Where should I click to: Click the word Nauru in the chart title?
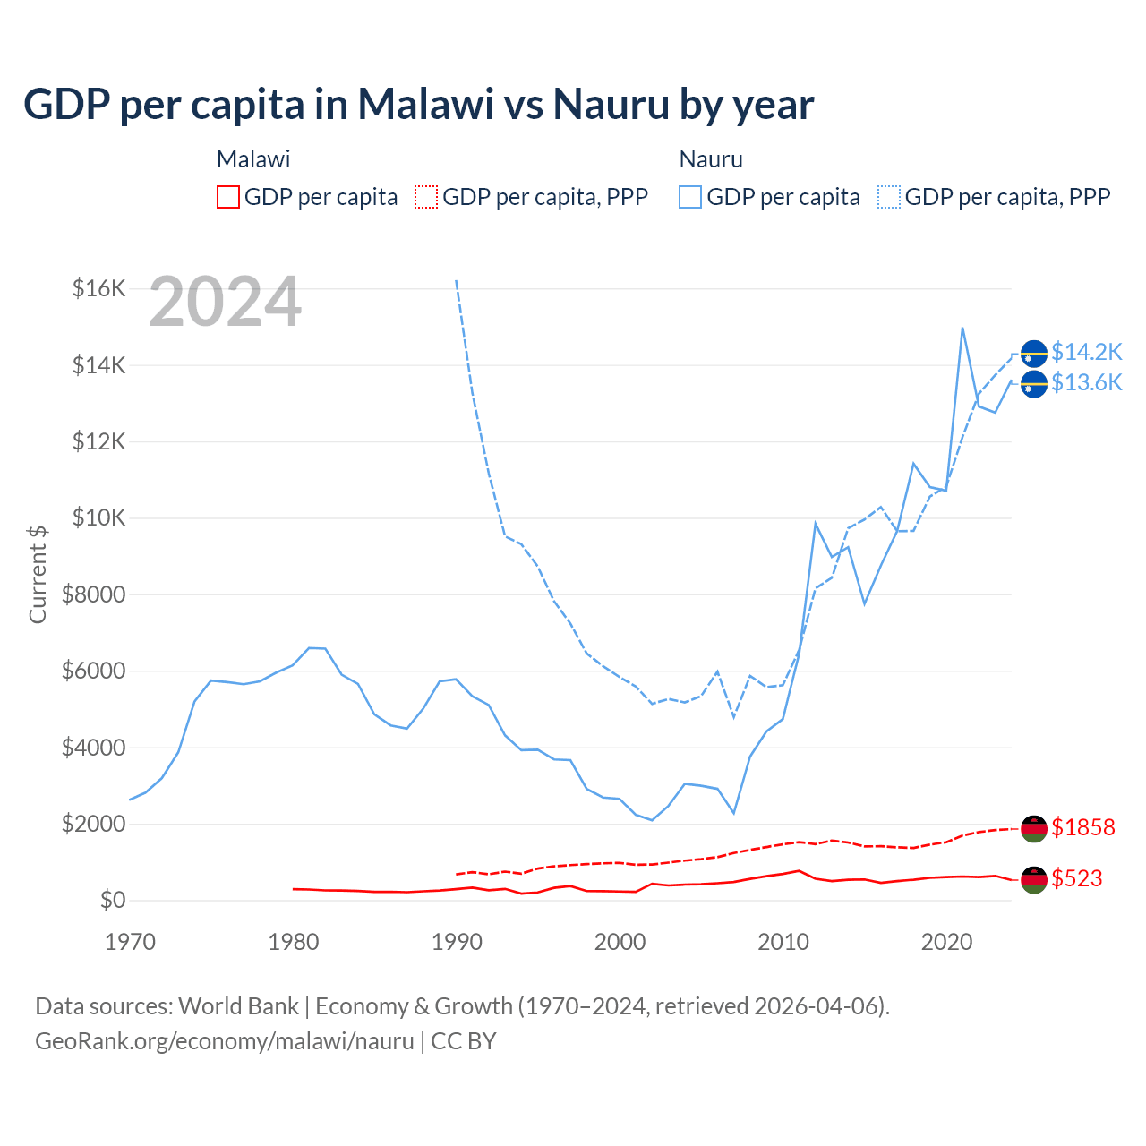[611, 104]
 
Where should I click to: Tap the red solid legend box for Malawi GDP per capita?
[228, 197]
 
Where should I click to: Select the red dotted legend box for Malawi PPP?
[426, 197]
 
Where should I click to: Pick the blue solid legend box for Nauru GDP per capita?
[690, 197]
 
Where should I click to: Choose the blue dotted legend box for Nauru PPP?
[889, 197]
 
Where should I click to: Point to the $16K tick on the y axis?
[99, 288]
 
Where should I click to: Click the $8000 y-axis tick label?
[93, 594]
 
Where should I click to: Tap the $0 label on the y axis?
[112, 900]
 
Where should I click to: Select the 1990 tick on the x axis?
[457, 942]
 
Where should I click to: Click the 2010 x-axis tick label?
[783, 942]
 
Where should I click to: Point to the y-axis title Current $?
[38, 574]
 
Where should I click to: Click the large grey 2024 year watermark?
[225, 302]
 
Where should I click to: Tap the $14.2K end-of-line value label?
[1086, 352]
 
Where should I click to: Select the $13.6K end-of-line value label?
[1086, 383]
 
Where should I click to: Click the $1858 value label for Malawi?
[1083, 827]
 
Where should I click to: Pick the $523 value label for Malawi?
[1077, 878]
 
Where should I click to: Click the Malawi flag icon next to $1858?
[1034, 829]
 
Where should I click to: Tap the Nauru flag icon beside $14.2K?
[1034, 354]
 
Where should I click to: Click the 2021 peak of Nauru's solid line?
[962, 328]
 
